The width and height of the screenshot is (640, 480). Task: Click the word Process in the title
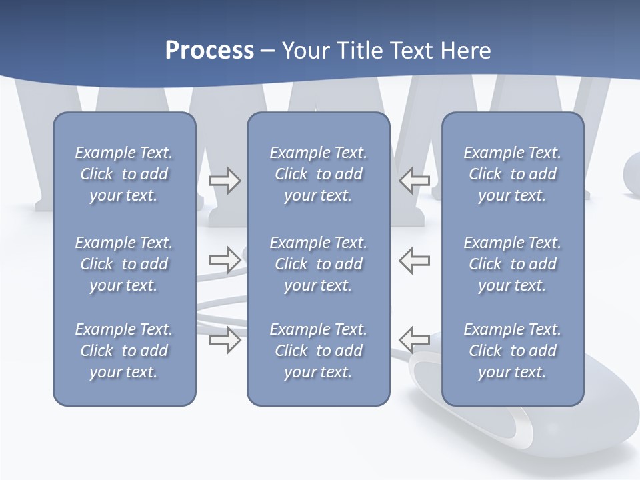pyautogui.click(x=209, y=51)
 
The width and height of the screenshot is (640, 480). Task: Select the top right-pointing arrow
pyautogui.click(x=225, y=181)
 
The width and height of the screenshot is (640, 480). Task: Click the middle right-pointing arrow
pyautogui.click(x=225, y=259)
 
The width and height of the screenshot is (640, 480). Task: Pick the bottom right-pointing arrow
pyautogui.click(x=225, y=339)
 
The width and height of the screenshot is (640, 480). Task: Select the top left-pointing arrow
pyautogui.click(x=415, y=180)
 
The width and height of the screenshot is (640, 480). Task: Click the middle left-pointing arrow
pyautogui.click(x=415, y=259)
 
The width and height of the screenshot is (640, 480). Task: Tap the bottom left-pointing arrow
pyautogui.click(x=415, y=339)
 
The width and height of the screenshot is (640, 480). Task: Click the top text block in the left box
pyautogui.click(x=124, y=174)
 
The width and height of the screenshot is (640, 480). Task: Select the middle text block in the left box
pyautogui.click(x=124, y=264)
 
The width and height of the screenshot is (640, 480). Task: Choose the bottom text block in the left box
pyautogui.click(x=124, y=351)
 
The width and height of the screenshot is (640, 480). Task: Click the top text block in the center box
pyautogui.click(x=318, y=174)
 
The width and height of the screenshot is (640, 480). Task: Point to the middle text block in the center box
pyautogui.click(x=318, y=264)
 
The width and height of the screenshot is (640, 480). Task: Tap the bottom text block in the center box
pyautogui.click(x=318, y=351)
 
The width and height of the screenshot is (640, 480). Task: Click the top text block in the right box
pyautogui.click(x=512, y=174)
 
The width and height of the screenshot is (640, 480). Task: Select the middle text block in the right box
pyautogui.click(x=512, y=264)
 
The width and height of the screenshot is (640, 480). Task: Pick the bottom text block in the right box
pyautogui.click(x=512, y=351)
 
